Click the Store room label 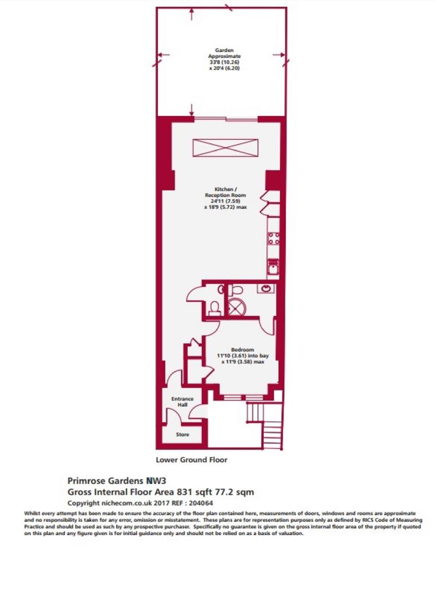[182, 434]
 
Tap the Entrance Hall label [182, 402]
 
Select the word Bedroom [243, 349]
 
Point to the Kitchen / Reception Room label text [225, 192]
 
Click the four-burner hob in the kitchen [274, 238]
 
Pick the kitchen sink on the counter [273, 267]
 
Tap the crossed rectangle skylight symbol [225, 148]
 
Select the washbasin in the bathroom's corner [265, 288]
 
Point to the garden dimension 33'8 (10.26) [224, 62]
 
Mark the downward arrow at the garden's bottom [192, 110]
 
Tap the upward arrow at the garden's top [192, 14]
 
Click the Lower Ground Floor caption [192, 460]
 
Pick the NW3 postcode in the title [157, 480]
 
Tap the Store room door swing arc [172, 414]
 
